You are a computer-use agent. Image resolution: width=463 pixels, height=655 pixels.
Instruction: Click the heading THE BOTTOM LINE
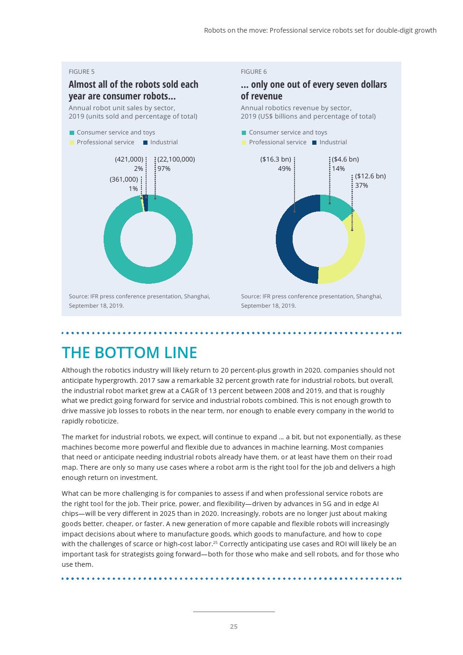click(129, 352)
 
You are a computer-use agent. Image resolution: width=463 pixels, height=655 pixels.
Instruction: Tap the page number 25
click(234, 627)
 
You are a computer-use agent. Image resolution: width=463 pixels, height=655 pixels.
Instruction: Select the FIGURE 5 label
click(82, 71)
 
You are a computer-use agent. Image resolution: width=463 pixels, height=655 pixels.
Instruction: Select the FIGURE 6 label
click(254, 71)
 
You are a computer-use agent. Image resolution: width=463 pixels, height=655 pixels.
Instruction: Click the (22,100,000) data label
click(176, 159)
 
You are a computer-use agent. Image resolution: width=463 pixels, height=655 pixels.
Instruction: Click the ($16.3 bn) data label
click(275, 159)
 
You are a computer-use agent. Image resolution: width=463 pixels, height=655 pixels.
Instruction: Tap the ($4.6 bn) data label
click(345, 159)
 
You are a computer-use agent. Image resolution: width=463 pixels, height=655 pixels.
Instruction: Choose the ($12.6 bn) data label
click(371, 176)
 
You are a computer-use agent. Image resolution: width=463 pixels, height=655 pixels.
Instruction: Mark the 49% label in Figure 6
click(284, 169)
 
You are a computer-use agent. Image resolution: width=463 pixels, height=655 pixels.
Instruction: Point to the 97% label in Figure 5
click(164, 169)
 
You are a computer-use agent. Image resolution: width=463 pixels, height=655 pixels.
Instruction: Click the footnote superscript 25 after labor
click(215, 542)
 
